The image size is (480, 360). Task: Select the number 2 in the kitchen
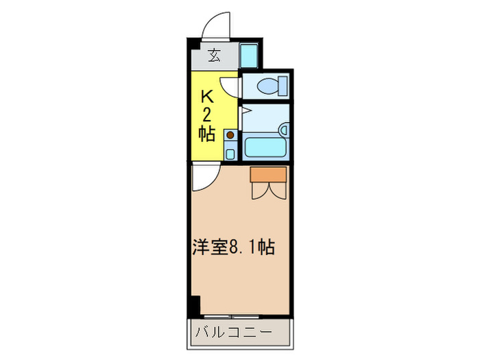pyautogui.click(x=206, y=115)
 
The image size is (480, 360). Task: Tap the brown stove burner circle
pyautogui.click(x=230, y=135)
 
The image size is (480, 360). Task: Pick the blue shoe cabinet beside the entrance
pyautogui.click(x=248, y=55)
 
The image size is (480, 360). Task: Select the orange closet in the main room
pyautogui.click(x=268, y=175)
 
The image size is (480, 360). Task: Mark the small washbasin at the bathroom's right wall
pyautogui.click(x=283, y=129)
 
